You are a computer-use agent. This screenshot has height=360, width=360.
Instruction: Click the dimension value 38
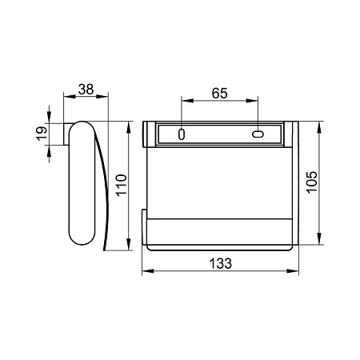pyautogui.click(x=86, y=90)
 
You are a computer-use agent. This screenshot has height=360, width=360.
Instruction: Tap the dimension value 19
pyautogui.click(x=42, y=134)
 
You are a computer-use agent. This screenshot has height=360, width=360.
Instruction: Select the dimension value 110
pyautogui.click(x=122, y=186)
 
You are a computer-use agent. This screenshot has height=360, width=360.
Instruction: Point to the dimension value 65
pyautogui.click(x=220, y=93)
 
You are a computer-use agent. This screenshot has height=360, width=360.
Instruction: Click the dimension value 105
pyautogui.click(x=311, y=182)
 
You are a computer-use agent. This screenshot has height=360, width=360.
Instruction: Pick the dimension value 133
pyautogui.click(x=221, y=263)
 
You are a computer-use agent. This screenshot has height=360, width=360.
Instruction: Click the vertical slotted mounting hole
pyautogui.click(x=182, y=134)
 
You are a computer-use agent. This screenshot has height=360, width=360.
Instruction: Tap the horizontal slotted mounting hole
pyautogui.click(x=258, y=134)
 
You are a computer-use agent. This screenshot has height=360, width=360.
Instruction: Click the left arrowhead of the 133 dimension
pyautogui.click(x=148, y=271)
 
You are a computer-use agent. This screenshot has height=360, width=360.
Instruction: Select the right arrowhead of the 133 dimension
pyautogui.click(x=293, y=271)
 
